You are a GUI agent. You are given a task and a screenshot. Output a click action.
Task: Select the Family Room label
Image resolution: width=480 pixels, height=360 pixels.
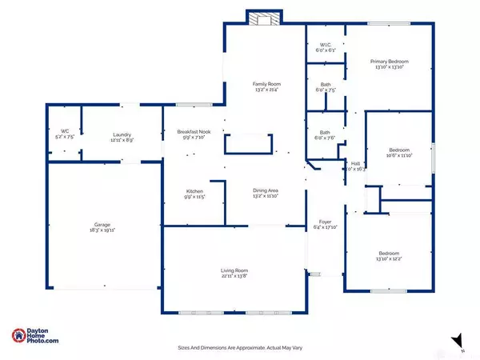point(264,83)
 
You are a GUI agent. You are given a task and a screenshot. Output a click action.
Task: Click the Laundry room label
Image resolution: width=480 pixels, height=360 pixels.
point(122,134)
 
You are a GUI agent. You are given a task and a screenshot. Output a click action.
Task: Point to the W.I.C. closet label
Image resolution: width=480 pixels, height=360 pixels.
point(326,45)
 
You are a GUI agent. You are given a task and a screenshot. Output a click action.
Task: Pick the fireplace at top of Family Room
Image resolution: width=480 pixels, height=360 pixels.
point(261,20)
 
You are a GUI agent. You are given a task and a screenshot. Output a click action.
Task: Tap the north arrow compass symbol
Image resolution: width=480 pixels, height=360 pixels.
point(458,339)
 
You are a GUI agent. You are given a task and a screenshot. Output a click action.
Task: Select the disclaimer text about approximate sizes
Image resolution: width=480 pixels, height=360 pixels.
point(237,348)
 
